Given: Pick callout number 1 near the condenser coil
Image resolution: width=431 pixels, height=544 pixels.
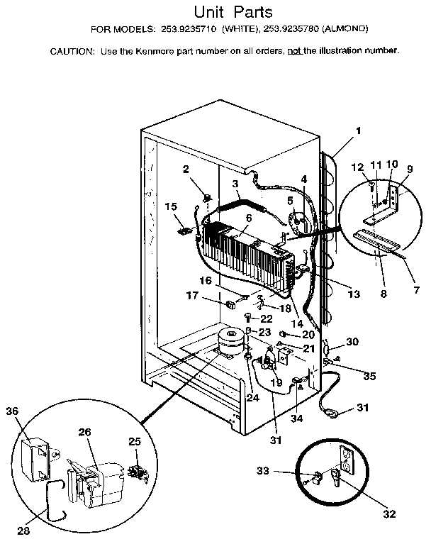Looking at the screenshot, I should pos(358,131).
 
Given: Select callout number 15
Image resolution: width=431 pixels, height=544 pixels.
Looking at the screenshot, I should pos(170,206).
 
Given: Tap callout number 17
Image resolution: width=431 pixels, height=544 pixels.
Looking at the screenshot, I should pos(192,296).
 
